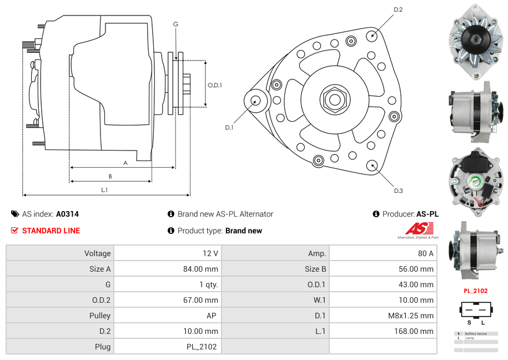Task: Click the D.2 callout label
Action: pos(398,9)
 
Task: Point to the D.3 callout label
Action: pos(398,191)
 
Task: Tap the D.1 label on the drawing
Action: pos(229,127)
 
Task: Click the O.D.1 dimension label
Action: pos(215,85)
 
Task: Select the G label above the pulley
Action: pos(175,24)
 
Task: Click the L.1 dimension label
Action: pos(104,189)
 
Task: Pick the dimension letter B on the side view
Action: pos(110,176)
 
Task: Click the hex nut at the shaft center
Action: pos(334,99)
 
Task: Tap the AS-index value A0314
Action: pos(68,214)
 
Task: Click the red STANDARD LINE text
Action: pos(51,231)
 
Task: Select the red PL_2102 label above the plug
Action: pos(475,291)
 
